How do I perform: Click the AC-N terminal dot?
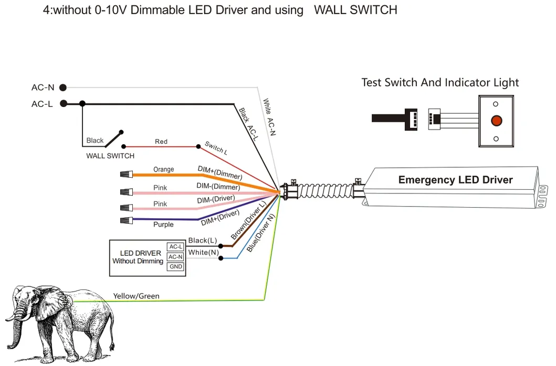[63, 88]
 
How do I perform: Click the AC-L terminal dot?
[63, 104]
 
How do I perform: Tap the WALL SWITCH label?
[110, 156]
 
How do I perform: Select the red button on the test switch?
[496, 121]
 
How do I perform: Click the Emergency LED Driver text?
[455, 180]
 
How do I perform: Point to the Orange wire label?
[163, 169]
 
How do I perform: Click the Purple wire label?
[163, 224]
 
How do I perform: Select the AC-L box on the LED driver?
[175, 247]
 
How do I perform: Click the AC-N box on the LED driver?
[175, 257]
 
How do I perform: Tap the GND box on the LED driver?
[175, 267]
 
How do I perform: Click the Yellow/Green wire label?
[136, 296]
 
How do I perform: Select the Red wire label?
[161, 142]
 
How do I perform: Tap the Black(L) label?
[203, 240]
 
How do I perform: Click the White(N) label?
[204, 252]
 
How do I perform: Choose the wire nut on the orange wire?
[127, 174]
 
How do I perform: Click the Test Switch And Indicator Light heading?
[440, 83]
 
